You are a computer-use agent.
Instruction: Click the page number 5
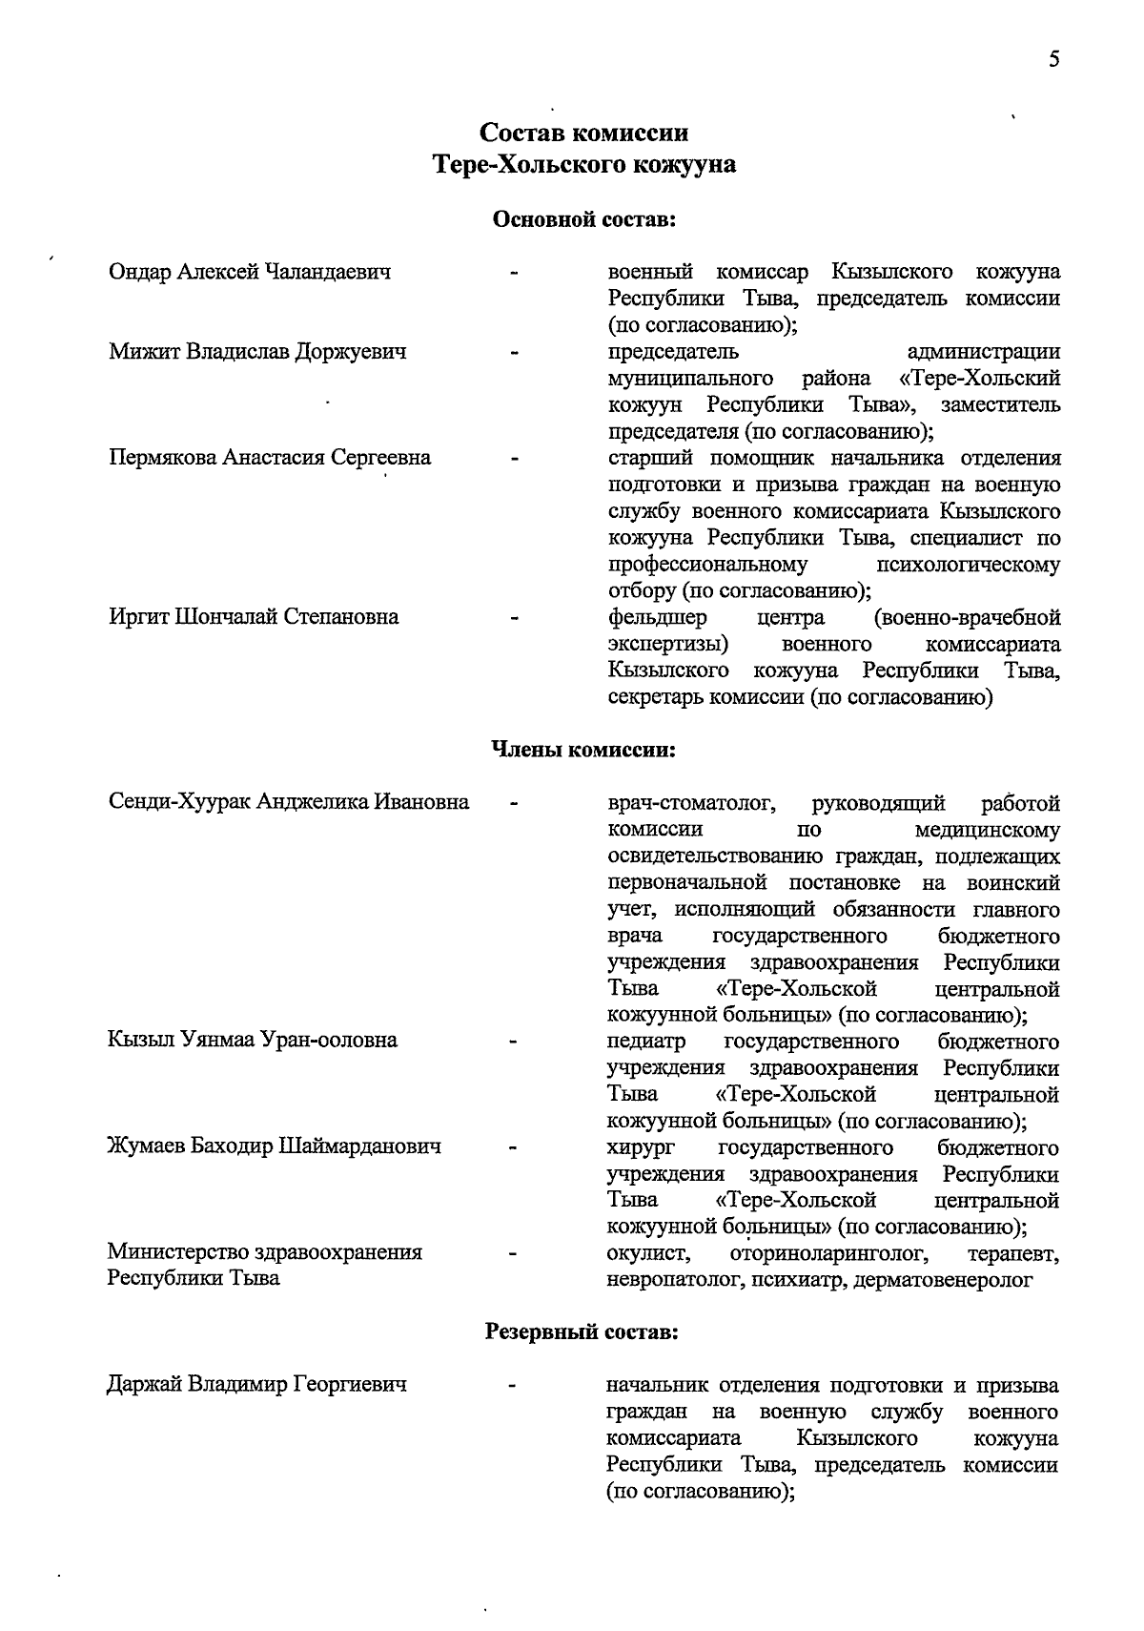[1053, 59]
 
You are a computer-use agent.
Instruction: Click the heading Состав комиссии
[583, 132]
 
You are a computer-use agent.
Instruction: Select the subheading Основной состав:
[583, 220]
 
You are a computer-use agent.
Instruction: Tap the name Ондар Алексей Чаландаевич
[250, 273]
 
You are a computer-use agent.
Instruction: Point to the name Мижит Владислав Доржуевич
[257, 352]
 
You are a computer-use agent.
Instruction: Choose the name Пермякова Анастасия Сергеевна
[270, 458]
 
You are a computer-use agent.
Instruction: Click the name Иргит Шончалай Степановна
[254, 617]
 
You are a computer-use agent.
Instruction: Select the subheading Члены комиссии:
[582, 750]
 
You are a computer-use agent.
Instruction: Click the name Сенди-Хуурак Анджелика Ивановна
[289, 802]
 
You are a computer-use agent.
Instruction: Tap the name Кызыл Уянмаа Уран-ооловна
[253, 1041]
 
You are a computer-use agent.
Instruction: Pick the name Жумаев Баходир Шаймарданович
[274, 1146]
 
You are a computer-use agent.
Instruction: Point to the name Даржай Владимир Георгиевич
[257, 1384]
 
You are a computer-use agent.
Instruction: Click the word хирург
[640, 1146]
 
